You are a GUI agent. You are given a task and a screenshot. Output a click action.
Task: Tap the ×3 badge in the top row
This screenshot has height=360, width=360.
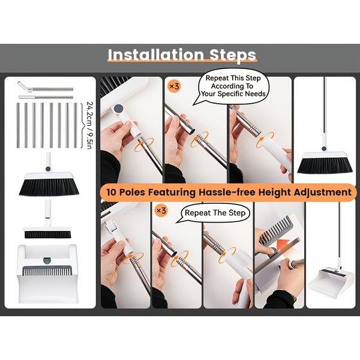tap(174, 86)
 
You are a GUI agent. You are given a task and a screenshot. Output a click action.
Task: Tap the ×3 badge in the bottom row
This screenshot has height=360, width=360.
tap(161, 211)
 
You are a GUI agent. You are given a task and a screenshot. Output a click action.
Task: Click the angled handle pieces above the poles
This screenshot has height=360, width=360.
tap(45, 89)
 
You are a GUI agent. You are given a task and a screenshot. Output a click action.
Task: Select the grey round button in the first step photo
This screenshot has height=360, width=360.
tap(118, 110)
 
